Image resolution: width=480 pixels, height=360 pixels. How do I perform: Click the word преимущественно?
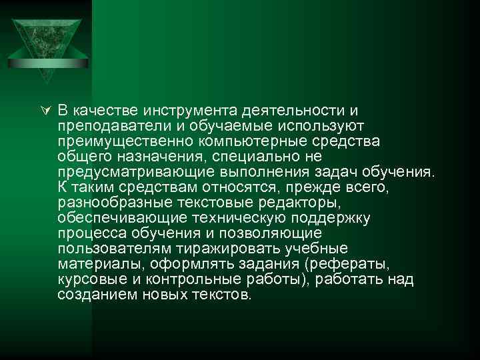pyautogui.click(x=117, y=141)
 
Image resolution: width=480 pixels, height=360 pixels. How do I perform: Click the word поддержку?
pyautogui.click(x=332, y=218)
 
